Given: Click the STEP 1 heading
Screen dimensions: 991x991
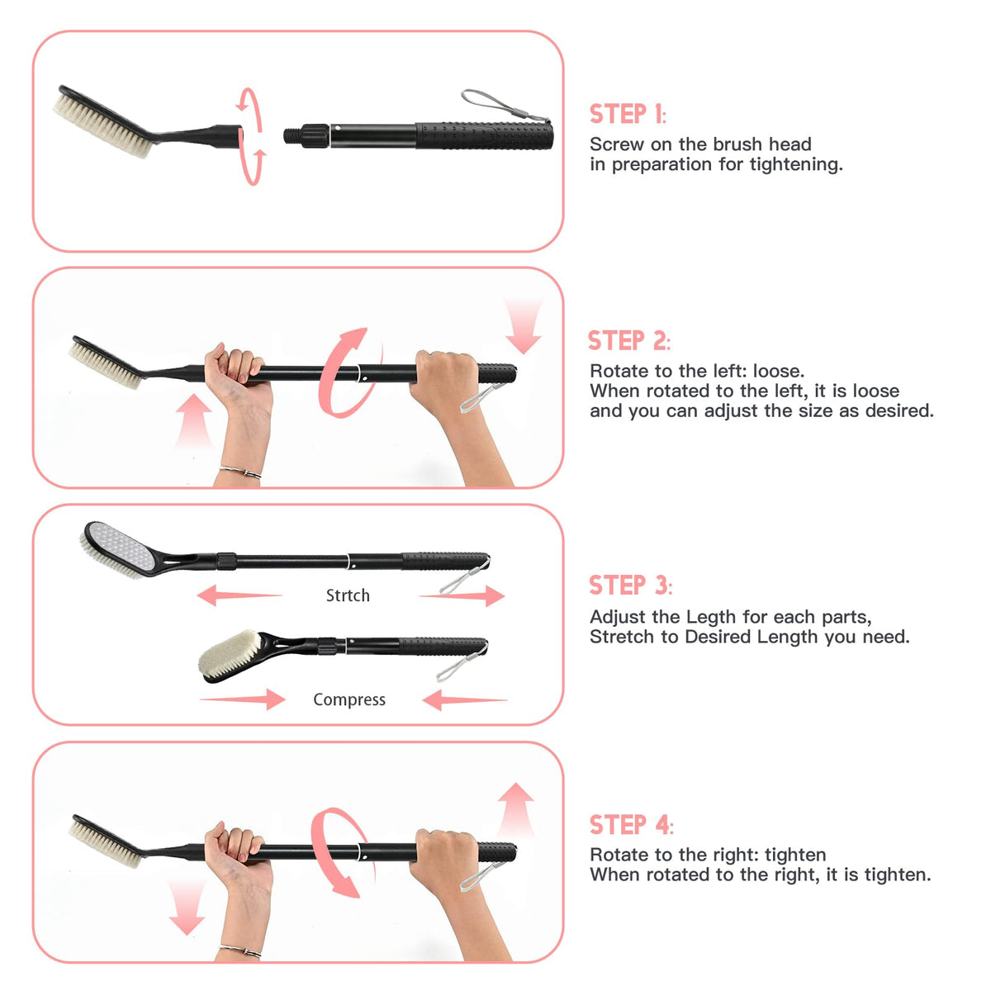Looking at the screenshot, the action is point(627,114).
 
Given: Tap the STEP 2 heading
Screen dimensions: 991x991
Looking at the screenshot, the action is point(628,340).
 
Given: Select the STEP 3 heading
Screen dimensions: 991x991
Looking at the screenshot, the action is point(630,585).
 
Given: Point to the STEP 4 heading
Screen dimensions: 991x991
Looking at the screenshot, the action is point(630,824).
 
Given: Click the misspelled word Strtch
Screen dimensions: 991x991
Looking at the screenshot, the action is point(348,595).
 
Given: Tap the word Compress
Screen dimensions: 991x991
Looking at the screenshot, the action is point(349,699).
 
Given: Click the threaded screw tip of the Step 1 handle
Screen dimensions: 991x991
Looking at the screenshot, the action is point(292,135).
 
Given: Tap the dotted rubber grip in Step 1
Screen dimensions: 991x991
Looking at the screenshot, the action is point(485,135).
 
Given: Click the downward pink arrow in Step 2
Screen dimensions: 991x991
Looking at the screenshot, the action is point(523,325).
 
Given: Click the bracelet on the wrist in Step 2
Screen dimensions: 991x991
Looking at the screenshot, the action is point(240,472).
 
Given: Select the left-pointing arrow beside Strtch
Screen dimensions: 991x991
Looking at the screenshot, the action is point(239,595).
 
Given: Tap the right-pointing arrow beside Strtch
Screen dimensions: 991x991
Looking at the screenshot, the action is point(462,596).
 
